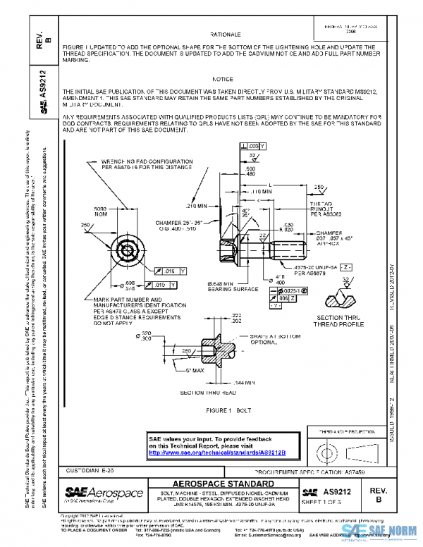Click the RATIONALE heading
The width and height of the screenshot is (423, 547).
(226, 34)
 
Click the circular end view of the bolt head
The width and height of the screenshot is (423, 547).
(128, 250)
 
